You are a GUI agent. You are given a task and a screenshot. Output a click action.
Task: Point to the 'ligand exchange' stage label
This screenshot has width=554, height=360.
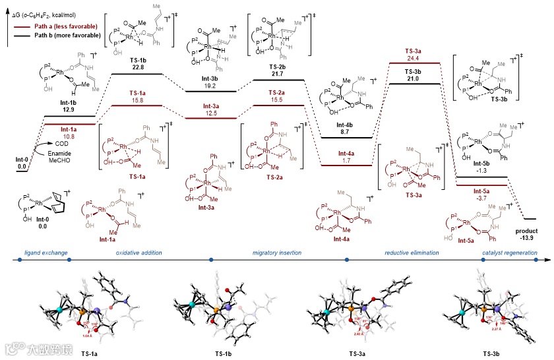tap(44, 253)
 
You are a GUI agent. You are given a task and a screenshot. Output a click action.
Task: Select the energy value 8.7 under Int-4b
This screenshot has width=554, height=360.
tap(346, 133)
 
